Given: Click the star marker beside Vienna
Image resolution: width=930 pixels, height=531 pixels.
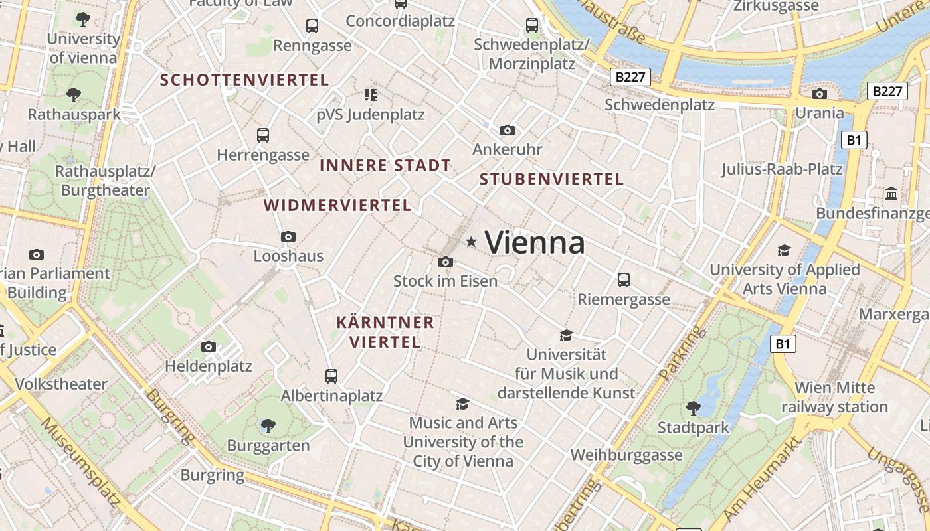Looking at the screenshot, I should (x=472, y=242).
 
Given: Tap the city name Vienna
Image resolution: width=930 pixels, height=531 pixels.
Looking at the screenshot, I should (x=535, y=242).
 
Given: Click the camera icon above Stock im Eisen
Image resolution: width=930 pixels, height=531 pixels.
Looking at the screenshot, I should (x=446, y=262).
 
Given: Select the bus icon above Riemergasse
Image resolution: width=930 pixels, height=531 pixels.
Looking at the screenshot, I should (x=623, y=280).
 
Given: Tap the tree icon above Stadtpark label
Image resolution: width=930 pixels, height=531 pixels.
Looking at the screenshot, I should (x=694, y=408).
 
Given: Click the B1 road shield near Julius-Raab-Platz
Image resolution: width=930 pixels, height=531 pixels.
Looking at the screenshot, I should (x=854, y=140).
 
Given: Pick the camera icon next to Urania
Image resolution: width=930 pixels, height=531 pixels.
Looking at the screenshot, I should (x=820, y=94).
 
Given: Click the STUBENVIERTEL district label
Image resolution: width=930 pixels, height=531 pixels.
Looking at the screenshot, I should (x=551, y=179).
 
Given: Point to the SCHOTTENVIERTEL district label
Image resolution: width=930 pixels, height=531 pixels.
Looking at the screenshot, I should (x=244, y=80).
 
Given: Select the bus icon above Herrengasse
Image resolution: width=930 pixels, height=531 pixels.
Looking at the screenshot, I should (x=263, y=135).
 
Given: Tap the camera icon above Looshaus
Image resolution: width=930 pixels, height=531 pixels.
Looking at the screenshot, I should (x=288, y=236).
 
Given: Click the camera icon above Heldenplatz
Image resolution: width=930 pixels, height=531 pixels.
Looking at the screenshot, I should (x=209, y=346).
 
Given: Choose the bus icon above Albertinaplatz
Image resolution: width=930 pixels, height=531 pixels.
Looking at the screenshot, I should (x=331, y=376).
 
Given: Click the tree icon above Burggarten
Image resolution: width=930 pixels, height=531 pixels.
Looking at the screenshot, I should (x=268, y=425).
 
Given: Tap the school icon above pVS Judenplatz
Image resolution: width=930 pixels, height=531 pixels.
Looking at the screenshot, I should (x=370, y=95).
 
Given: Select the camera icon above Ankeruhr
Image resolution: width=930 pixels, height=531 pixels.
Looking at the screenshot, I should (x=508, y=130).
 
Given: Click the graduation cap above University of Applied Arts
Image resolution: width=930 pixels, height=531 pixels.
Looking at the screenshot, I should (x=785, y=250).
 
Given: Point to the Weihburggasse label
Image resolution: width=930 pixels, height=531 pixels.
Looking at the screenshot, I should (x=626, y=455).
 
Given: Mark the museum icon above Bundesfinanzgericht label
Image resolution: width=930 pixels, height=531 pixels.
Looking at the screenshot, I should (x=891, y=194).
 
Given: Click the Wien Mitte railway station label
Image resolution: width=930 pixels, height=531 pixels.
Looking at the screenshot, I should (x=834, y=397).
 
